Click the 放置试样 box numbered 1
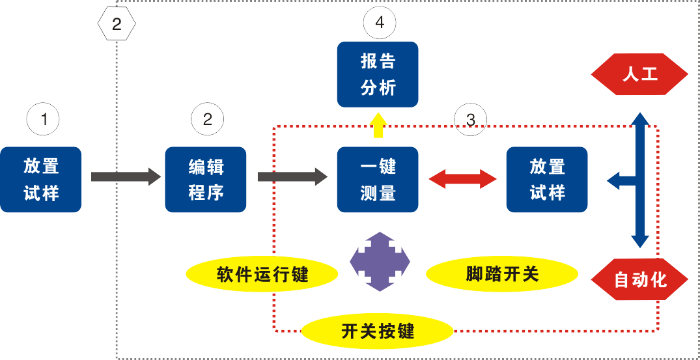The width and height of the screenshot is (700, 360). point(41,180)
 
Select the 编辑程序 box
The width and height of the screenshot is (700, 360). point(206,180)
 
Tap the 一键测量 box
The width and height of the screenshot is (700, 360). point(378,180)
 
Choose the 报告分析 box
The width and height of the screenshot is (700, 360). point(378,74)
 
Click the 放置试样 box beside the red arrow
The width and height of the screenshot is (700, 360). point(547,180)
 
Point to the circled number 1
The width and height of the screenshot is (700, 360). point(43,119)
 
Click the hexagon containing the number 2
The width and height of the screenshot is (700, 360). point(117,24)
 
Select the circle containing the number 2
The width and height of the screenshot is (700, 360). point(207,119)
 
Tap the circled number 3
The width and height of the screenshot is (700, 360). point(471,119)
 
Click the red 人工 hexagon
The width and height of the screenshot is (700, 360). point(639,74)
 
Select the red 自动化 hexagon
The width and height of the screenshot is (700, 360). point(639,279)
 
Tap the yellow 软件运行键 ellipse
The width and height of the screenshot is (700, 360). point(262,274)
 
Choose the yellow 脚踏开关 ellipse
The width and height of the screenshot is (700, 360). point(502,274)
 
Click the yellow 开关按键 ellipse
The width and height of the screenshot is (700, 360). point(378,331)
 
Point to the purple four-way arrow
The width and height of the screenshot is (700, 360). point(380,262)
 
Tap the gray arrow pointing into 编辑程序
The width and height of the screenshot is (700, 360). point(126,176)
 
